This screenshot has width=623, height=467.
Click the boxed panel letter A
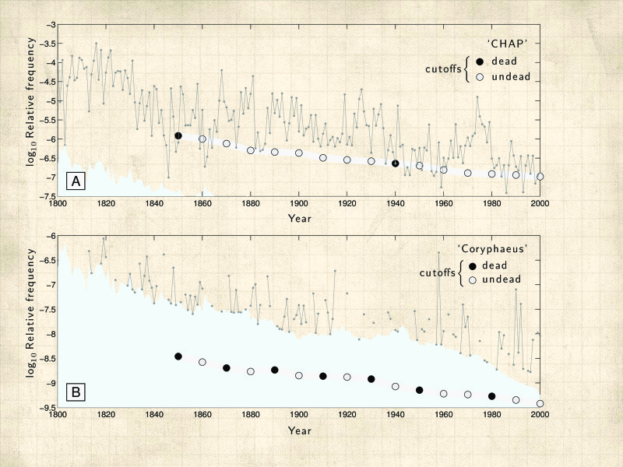(76, 182)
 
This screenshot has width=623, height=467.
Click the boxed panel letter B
(76, 392)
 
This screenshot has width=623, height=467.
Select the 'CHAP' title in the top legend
(524, 44)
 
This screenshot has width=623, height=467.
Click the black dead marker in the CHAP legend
(480, 61)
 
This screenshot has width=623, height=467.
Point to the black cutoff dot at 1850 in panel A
(178, 135)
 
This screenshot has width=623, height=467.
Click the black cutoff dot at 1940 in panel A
(395, 163)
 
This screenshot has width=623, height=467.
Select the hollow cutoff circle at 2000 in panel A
(540, 177)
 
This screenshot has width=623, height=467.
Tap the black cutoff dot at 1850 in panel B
(178, 356)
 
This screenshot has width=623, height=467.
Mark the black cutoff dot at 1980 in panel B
(491, 396)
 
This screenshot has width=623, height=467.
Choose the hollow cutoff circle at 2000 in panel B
(540, 403)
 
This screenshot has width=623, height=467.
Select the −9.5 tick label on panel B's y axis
(44, 407)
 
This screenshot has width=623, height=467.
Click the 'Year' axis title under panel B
(299, 430)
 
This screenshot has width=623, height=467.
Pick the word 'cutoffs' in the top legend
(442, 69)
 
